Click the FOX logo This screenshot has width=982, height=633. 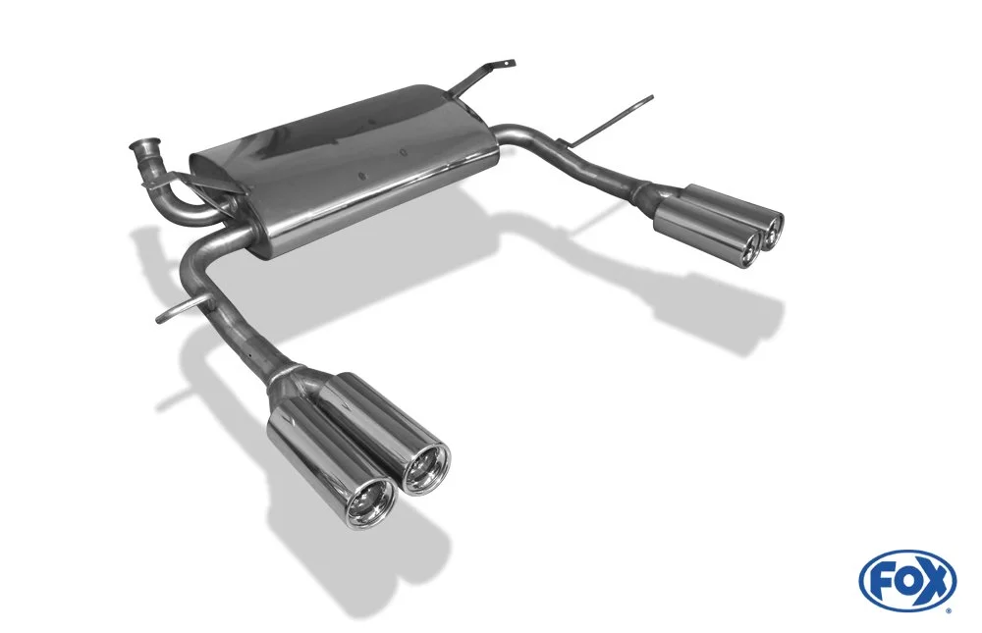click(x=908, y=580)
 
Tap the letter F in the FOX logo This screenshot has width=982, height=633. click(x=880, y=581)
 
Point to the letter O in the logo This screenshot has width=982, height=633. click(x=905, y=581)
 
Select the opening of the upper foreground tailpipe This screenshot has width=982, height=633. click(x=426, y=468)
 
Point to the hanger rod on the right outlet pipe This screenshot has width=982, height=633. click(x=614, y=119)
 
